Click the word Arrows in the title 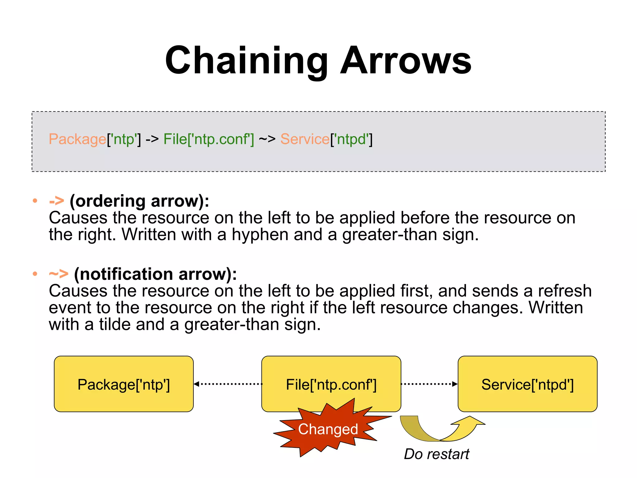coord(406,61)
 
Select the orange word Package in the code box coord(77,139)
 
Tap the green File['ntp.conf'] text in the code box coord(209,139)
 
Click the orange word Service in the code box coord(305,139)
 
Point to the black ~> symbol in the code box coord(267,139)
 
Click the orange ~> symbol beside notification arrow coord(58,274)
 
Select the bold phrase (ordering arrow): coord(139,201)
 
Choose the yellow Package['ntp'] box coord(123,384)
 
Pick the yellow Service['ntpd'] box coord(527,384)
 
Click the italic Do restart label coord(436,454)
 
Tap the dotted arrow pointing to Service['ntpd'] coord(429,384)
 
